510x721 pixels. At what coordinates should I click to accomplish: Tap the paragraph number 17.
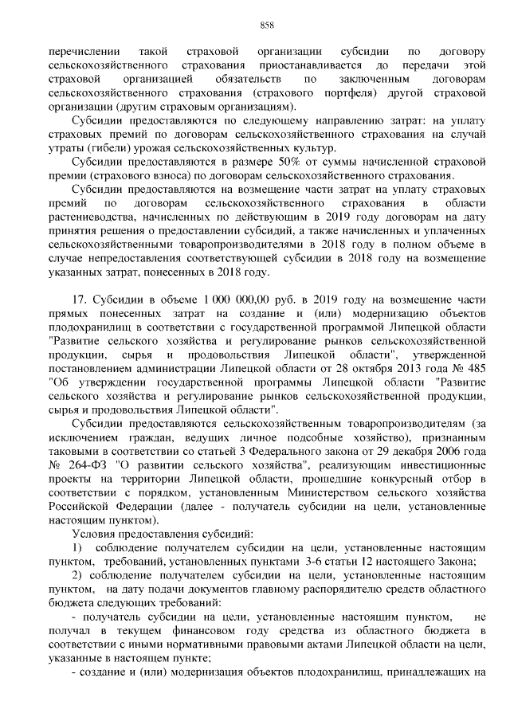[x=78, y=299]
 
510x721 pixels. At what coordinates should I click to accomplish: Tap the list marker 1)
[x=78, y=547]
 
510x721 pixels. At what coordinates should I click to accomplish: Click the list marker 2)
[x=78, y=574]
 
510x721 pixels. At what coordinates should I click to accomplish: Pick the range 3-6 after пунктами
[x=315, y=561]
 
